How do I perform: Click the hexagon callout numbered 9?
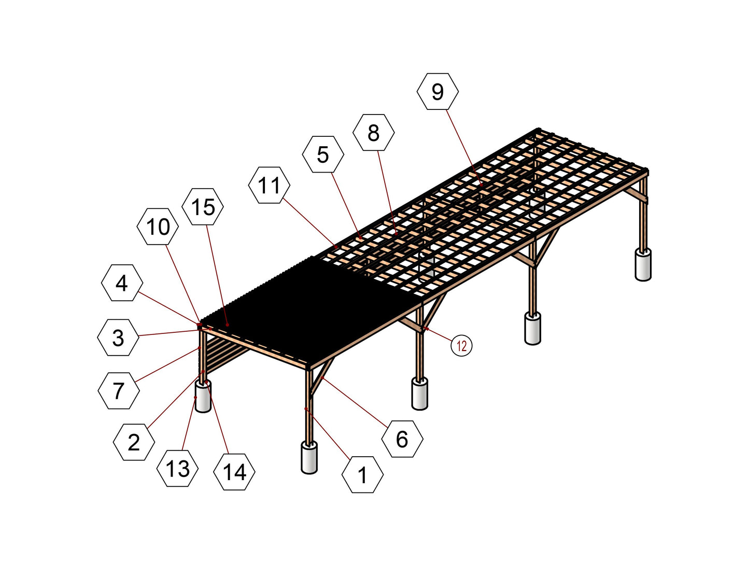coord(437,91)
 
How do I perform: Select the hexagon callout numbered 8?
coord(374,132)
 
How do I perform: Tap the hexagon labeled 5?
coord(323,154)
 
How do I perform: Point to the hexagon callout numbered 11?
coord(269,185)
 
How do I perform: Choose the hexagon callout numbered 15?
coord(203,206)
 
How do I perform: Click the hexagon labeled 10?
coord(158,227)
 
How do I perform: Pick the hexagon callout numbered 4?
coord(122,283)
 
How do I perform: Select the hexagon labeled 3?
coord(118,338)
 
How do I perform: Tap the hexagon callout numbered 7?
coord(118,391)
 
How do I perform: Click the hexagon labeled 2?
coord(134,442)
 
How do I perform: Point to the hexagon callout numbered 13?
coord(177,468)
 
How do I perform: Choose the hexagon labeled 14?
coord(234,472)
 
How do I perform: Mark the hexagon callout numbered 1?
coord(362,475)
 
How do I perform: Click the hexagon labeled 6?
coord(402,439)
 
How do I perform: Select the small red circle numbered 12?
coord(461,346)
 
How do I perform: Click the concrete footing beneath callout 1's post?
coord(309,458)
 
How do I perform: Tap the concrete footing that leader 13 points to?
coord(203,397)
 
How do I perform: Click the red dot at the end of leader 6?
coord(322,378)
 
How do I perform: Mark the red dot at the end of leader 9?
coord(481,185)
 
